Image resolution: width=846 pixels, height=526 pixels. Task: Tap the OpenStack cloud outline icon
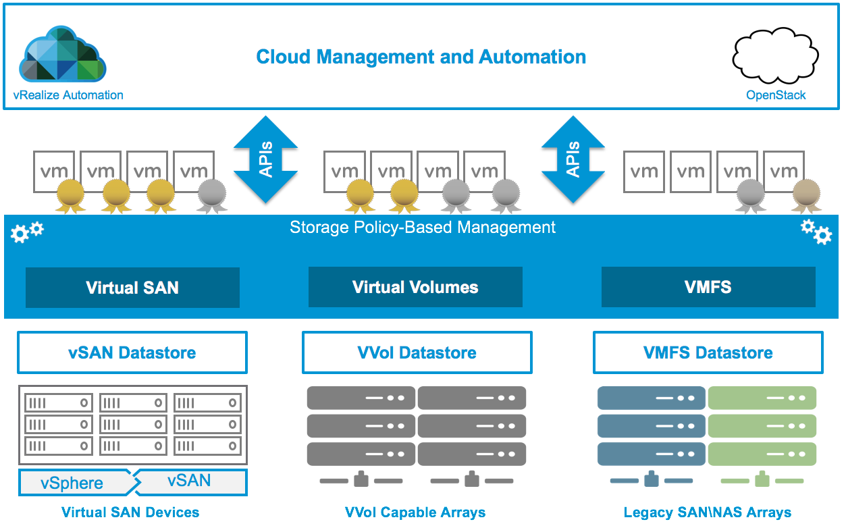tap(775, 57)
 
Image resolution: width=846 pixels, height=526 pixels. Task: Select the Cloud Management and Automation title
tap(421, 57)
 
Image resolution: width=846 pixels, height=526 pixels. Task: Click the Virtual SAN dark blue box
tap(132, 288)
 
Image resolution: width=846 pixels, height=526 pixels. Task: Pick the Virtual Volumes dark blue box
tap(415, 288)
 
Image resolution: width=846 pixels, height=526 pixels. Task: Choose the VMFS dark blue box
tap(708, 288)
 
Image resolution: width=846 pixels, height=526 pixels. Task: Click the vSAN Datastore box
tap(132, 352)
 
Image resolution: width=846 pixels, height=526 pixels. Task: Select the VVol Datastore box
tap(417, 352)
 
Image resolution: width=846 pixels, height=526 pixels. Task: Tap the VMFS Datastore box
tap(708, 352)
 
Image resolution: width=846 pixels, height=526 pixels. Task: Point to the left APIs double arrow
tap(266, 159)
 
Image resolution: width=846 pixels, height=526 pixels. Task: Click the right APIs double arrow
tap(573, 159)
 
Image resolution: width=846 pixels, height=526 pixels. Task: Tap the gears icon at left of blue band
tap(27, 232)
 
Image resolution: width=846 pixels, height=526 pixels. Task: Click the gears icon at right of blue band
tap(816, 232)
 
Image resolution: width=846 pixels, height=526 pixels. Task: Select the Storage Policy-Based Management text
tap(423, 228)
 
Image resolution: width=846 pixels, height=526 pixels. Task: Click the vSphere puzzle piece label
tap(73, 483)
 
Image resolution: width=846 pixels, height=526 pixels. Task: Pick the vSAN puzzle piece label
tap(190, 481)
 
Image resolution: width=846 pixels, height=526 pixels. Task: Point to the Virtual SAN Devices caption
tap(130, 512)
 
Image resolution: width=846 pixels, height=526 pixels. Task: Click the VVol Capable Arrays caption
tap(415, 512)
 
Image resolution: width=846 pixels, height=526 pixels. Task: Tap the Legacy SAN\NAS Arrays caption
tap(708, 512)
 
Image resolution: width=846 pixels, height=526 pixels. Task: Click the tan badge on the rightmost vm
tap(805, 194)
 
